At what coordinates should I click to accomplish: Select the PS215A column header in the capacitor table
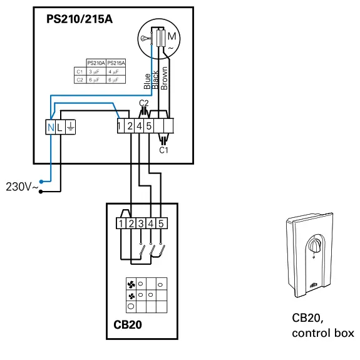(116, 63)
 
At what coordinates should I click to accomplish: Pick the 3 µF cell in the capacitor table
(95, 71)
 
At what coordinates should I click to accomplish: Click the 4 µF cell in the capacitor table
(116, 71)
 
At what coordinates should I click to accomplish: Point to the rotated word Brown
(164, 78)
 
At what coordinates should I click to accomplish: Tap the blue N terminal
(51, 127)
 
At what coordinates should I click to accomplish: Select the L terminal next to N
(60, 127)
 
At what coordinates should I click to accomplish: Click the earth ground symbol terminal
(70, 127)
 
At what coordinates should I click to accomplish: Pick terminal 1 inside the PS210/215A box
(120, 126)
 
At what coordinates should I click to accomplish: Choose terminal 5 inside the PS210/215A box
(149, 126)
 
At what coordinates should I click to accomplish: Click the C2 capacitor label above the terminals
(143, 103)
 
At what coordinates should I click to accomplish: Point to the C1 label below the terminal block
(164, 150)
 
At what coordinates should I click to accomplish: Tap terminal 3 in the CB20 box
(141, 223)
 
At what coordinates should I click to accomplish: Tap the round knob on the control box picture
(317, 244)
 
